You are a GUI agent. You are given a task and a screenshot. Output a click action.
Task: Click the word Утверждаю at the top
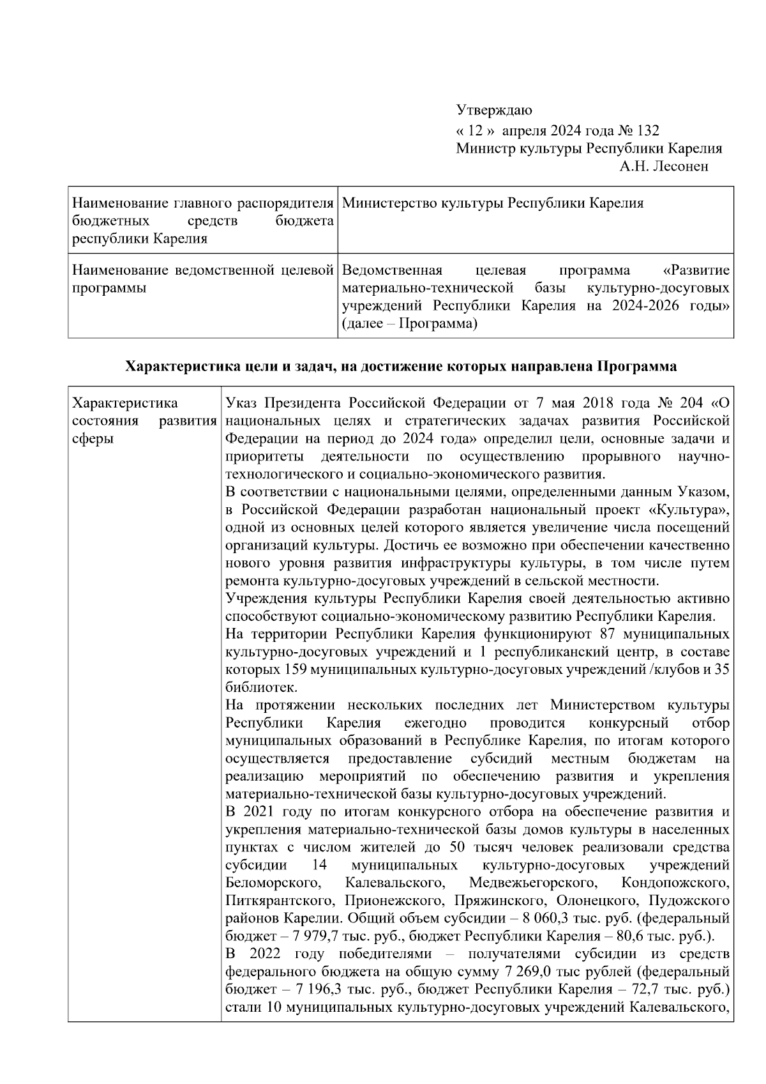494,112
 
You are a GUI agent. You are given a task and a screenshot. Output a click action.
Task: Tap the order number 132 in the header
647,130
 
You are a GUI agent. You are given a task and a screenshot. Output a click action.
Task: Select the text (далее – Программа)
410,324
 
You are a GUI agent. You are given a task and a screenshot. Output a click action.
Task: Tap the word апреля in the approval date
523,130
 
